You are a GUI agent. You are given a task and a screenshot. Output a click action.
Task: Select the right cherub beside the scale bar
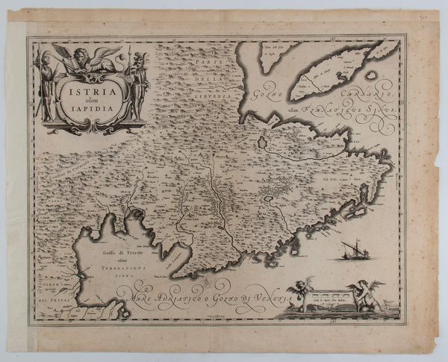368,295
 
